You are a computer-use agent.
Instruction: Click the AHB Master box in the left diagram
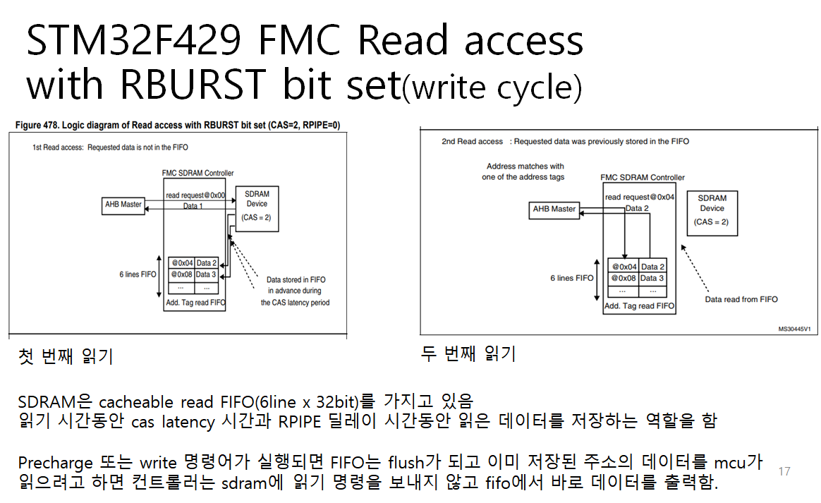pos(124,205)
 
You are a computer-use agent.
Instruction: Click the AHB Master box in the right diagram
pos(554,210)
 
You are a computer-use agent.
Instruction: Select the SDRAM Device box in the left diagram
pos(257,208)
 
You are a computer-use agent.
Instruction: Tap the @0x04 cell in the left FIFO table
pos(181,263)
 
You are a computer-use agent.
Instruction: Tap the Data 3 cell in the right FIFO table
pos(652,279)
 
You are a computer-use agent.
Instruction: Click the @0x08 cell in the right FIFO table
pos(624,279)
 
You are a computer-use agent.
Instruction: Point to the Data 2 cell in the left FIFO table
pos(206,263)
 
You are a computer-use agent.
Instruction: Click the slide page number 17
pos(784,471)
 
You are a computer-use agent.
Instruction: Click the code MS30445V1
pos(794,329)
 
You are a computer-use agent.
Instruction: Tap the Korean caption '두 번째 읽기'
pos(468,353)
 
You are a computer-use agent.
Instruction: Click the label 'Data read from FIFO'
pos(741,300)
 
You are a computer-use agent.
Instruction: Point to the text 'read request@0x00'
pos(195,195)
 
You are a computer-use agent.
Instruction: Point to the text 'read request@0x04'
pos(640,198)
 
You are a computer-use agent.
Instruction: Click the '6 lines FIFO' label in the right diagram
pos(572,279)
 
